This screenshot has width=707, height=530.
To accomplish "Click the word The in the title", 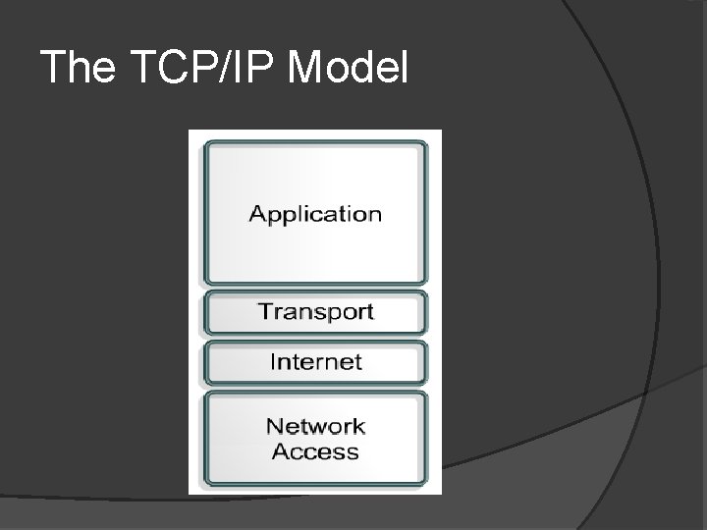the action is click(x=74, y=68).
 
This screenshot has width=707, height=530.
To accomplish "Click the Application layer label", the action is click(x=315, y=214).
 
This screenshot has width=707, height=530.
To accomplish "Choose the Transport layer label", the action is click(x=315, y=312).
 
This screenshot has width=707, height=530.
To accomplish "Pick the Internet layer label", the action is click(x=315, y=361).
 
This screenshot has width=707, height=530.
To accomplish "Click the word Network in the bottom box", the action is click(x=315, y=426).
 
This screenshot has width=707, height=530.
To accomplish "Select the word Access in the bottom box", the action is click(x=315, y=451).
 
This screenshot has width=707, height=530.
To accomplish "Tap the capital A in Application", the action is click(x=257, y=213).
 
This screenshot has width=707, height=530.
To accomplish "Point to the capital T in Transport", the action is click(x=264, y=311).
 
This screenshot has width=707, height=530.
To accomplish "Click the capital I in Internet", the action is click(x=273, y=360).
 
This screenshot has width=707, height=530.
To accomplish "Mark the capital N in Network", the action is click(x=273, y=426).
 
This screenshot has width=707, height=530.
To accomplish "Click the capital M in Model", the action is click(x=307, y=68).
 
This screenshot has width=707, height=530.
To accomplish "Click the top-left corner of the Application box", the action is click(x=205, y=144).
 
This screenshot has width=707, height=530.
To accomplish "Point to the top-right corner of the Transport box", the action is click(x=426, y=293).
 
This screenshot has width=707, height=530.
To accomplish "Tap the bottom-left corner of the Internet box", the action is click(x=205, y=382).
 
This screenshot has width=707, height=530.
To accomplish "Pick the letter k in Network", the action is click(x=358, y=426).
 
